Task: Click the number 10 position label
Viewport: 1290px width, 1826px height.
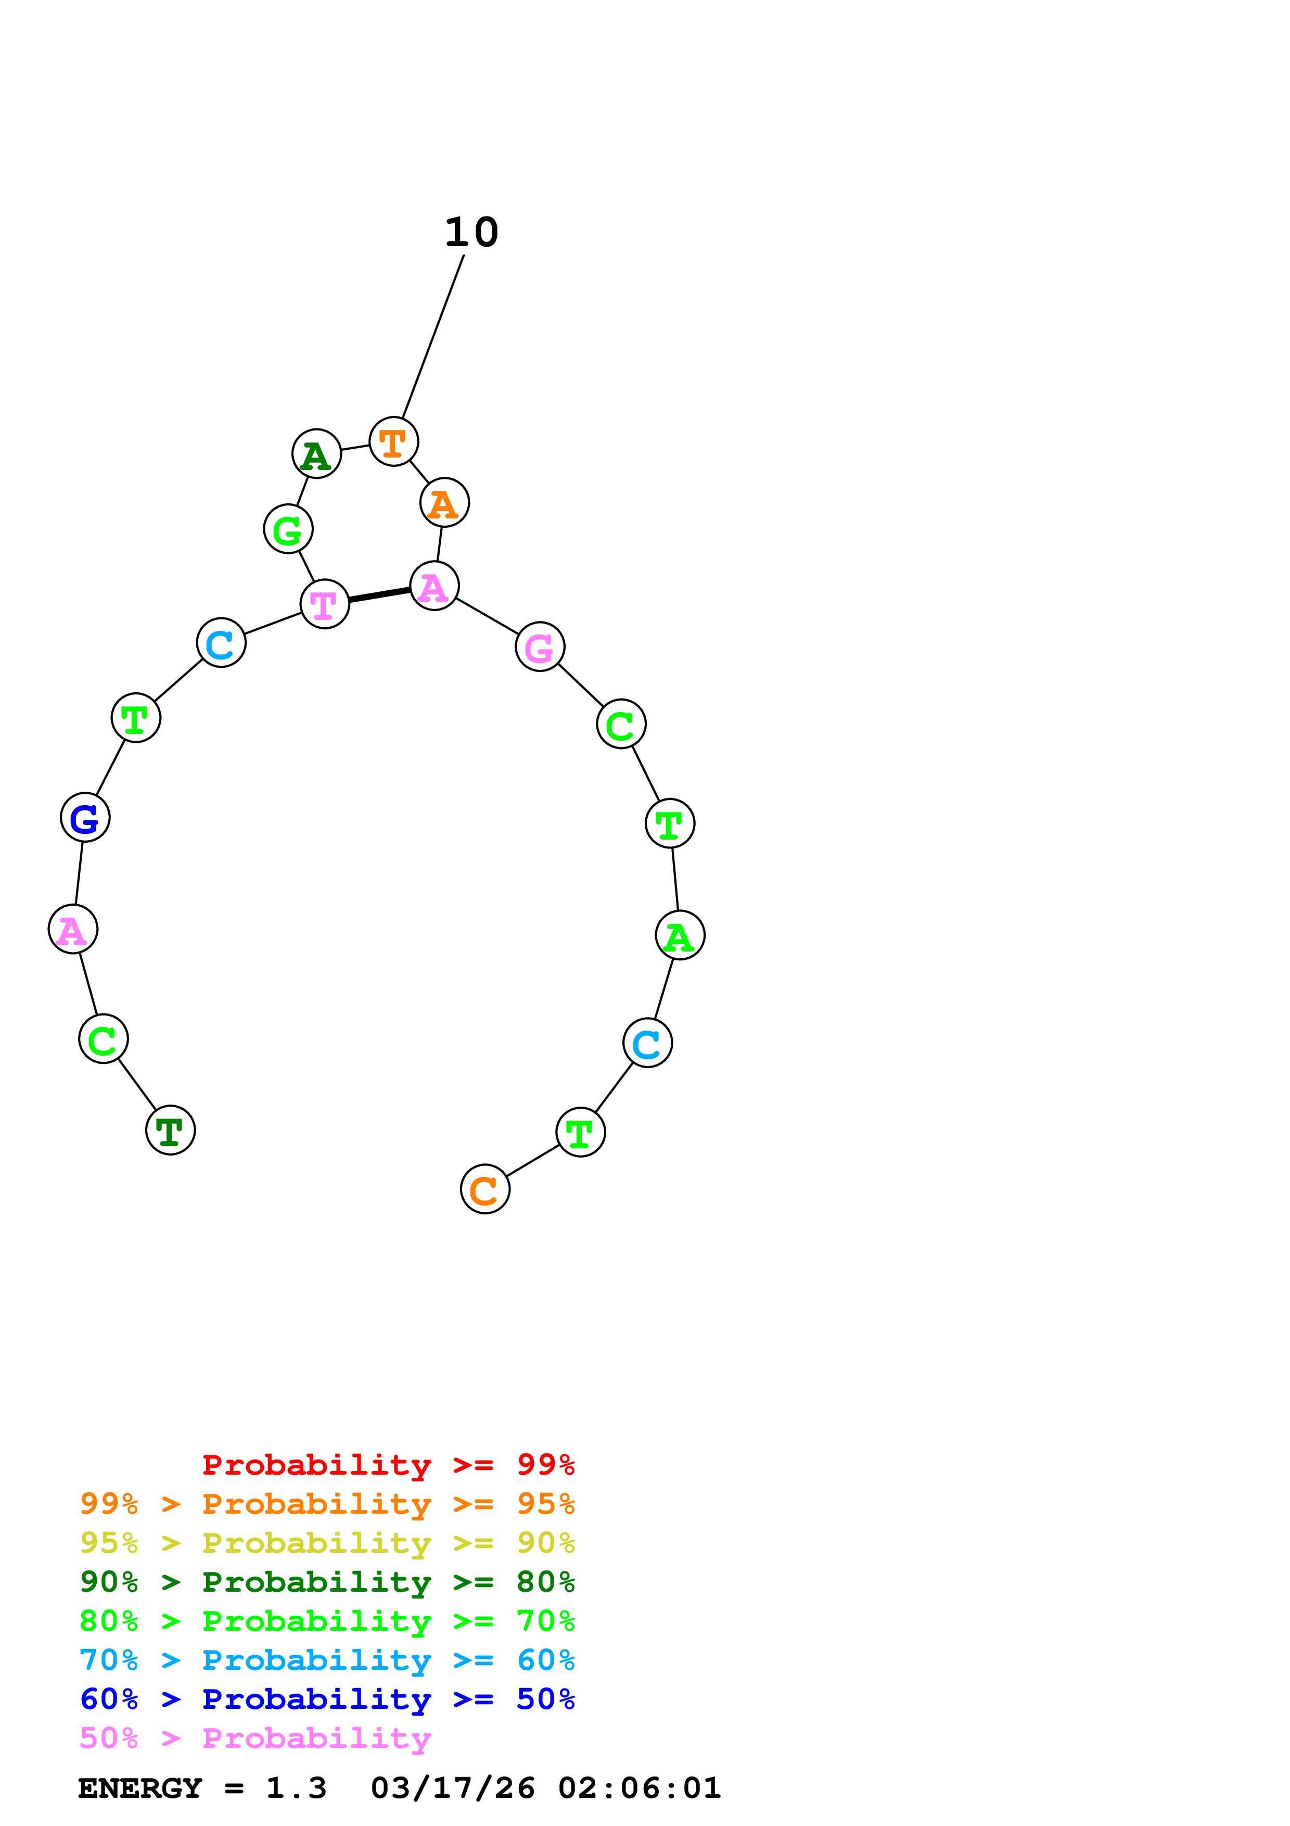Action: coord(471,232)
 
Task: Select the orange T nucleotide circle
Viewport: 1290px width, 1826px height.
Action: coord(393,441)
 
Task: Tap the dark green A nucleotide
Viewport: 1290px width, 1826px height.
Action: coord(316,454)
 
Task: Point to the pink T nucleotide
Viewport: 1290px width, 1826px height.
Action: coord(324,604)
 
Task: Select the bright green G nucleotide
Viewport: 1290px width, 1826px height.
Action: coord(288,529)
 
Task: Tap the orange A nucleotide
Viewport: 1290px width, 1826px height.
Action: coord(444,503)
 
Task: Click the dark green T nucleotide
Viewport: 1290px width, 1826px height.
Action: coord(170,1130)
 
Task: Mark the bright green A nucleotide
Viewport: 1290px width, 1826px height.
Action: coord(680,935)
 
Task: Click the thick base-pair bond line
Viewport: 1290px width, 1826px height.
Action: coord(379,595)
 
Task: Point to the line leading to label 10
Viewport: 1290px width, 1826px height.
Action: coord(433,336)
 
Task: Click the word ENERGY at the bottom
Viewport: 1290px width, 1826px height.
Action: coord(140,1788)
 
